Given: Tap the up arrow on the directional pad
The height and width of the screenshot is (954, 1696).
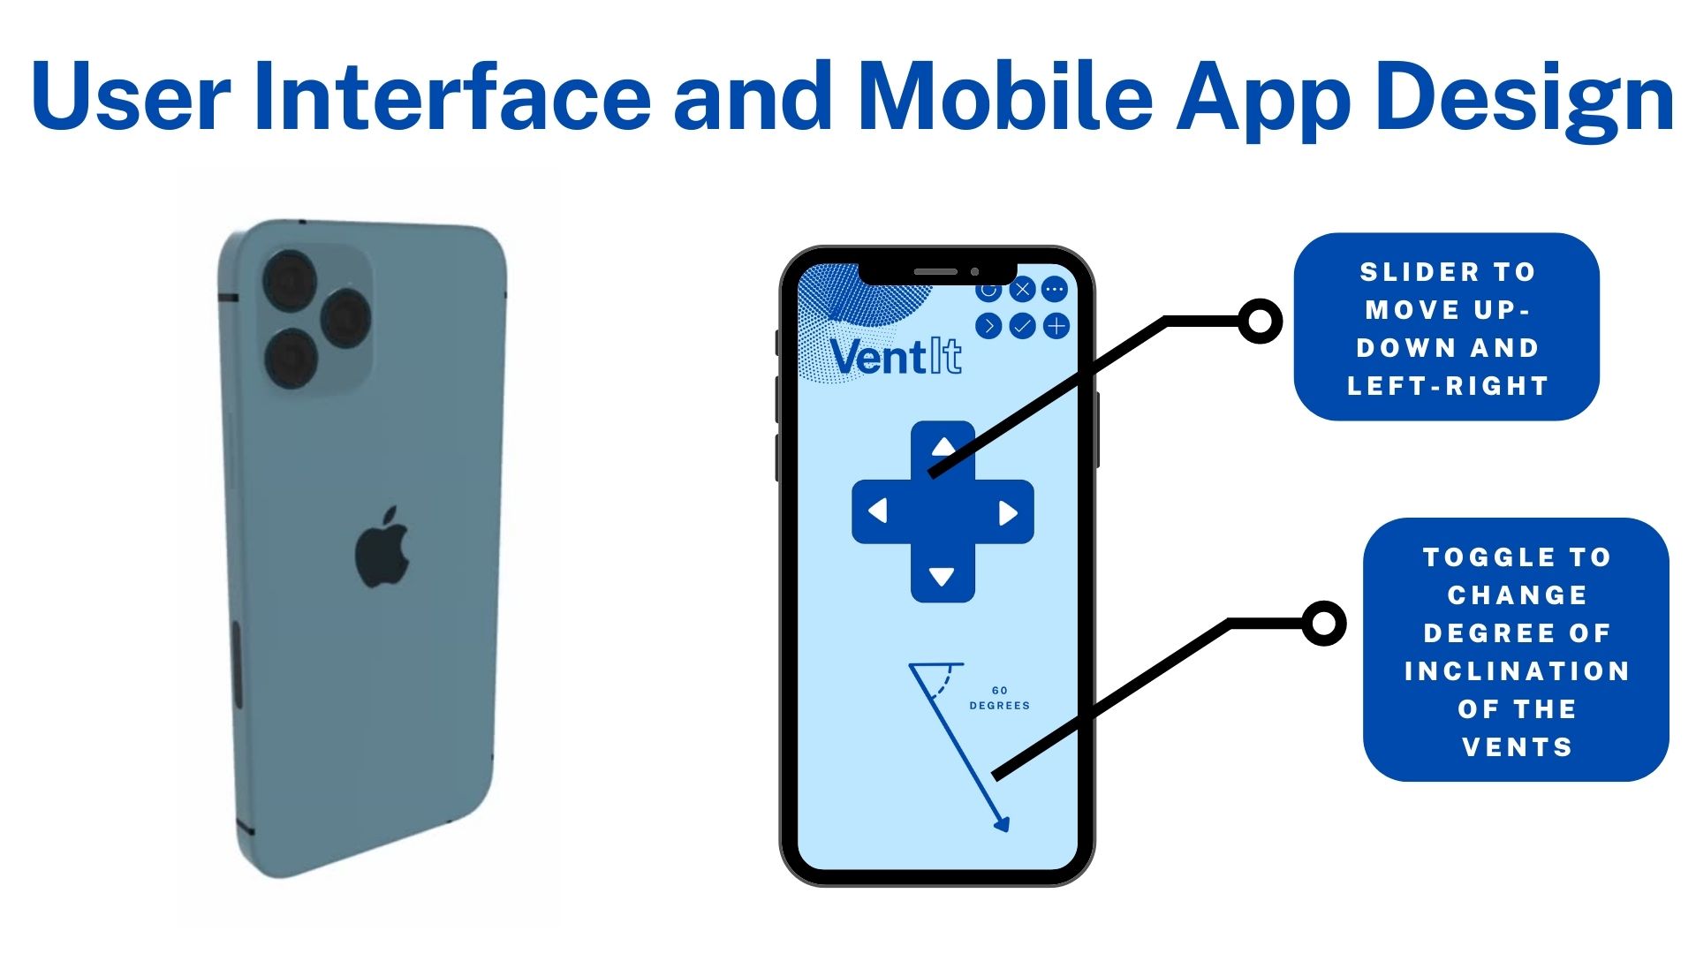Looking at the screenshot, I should click(943, 446).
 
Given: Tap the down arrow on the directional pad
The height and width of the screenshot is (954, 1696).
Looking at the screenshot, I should click(942, 577).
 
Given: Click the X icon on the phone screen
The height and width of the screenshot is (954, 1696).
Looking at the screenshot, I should click(1022, 290).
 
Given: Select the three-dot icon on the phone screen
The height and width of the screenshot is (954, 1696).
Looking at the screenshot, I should click(1055, 290).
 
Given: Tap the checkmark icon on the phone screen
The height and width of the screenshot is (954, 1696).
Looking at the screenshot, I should click(1022, 327).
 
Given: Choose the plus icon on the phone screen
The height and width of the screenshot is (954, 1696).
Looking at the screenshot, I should click(1056, 327).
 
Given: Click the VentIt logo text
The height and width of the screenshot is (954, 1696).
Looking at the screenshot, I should click(896, 357).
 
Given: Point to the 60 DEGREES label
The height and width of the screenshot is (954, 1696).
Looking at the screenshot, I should click(1000, 698).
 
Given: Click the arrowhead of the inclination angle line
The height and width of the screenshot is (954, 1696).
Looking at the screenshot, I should click(1001, 824).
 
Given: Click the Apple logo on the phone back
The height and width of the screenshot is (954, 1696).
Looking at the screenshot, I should click(382, 548).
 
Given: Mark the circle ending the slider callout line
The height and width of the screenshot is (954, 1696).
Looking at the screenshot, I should click(1261, 322).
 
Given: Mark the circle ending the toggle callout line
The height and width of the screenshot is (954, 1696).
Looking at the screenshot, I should click(1324, 624).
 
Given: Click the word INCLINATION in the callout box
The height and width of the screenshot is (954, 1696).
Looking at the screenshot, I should click(1517, 671).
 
